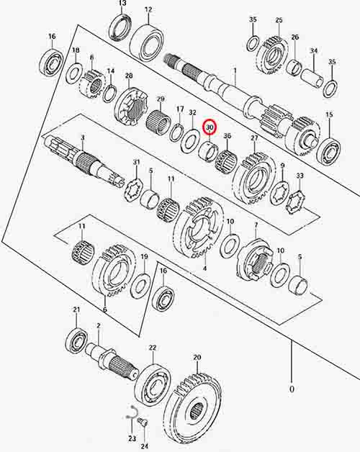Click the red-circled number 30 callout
click(x=210, y=127)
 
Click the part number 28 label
click(x=129, y=76)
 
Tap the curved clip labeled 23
click(x=131, y=412)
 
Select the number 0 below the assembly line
click(x=292, y=389)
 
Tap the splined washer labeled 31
click(x=133, y=189)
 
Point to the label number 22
click(x=153, y=348)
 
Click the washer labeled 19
click(x=140, y=286)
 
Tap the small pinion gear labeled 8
click(x=91, y=85)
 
